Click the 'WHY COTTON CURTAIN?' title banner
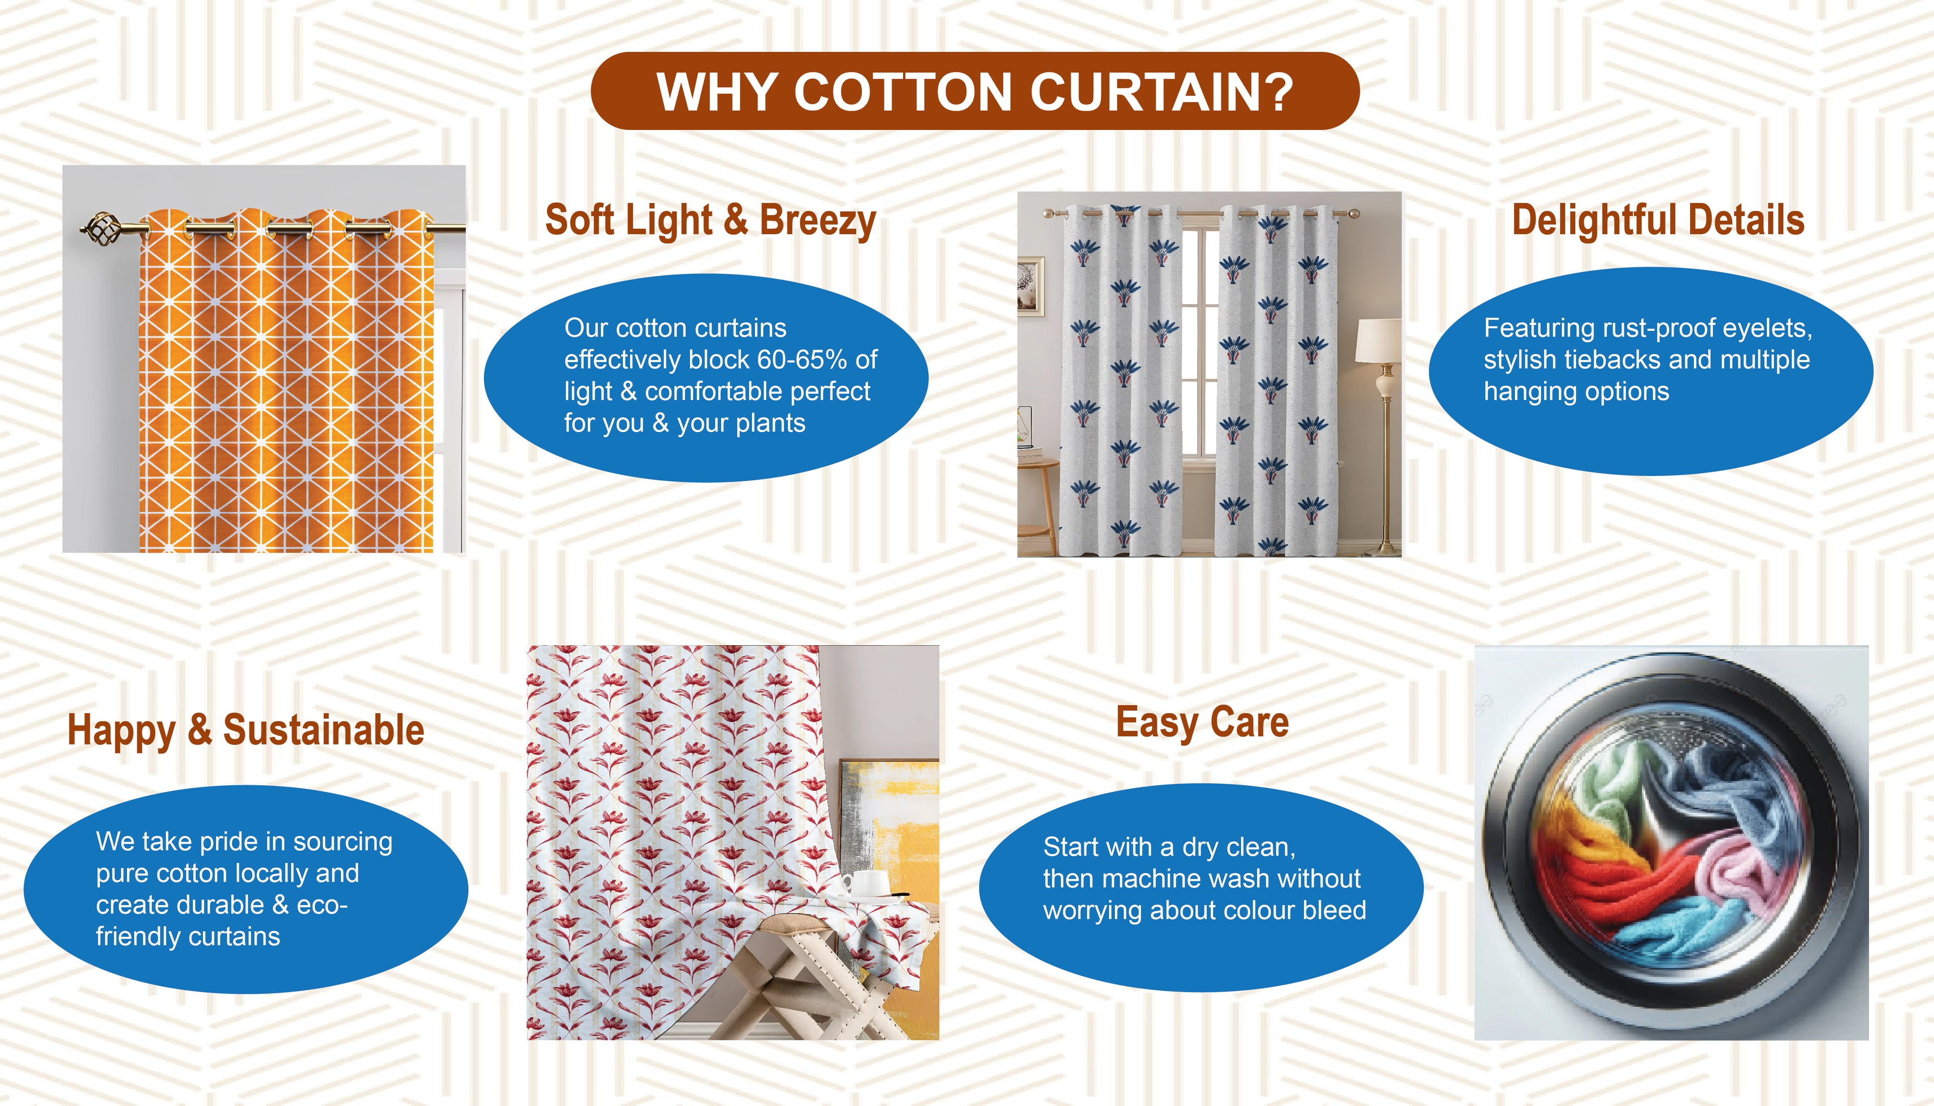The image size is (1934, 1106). tap(975, 91)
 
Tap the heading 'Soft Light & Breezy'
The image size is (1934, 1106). tap(711, 220)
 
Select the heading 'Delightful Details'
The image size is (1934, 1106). tap(1659, 220)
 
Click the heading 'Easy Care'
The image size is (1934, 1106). tap(1203, 722)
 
